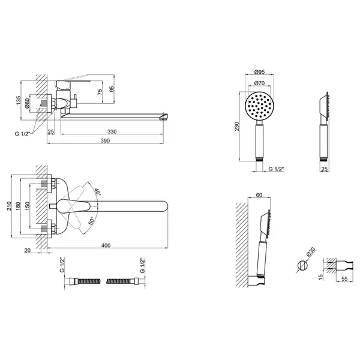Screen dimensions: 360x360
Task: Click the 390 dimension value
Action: tap(105, 140)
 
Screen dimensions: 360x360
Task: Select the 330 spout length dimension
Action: tap(112, 131)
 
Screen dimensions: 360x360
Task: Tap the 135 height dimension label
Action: tap(19, 100)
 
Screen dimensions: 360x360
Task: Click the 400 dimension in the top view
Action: tap(106, 245)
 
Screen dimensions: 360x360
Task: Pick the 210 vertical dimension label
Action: tap(9, 206)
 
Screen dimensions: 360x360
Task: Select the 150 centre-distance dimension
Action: tap(27, 206)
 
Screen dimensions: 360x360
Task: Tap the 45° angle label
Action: tap(98, 192)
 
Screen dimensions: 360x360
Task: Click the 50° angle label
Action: tap(91, 221)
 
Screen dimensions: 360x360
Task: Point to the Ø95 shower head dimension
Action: tap(260, 71)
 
